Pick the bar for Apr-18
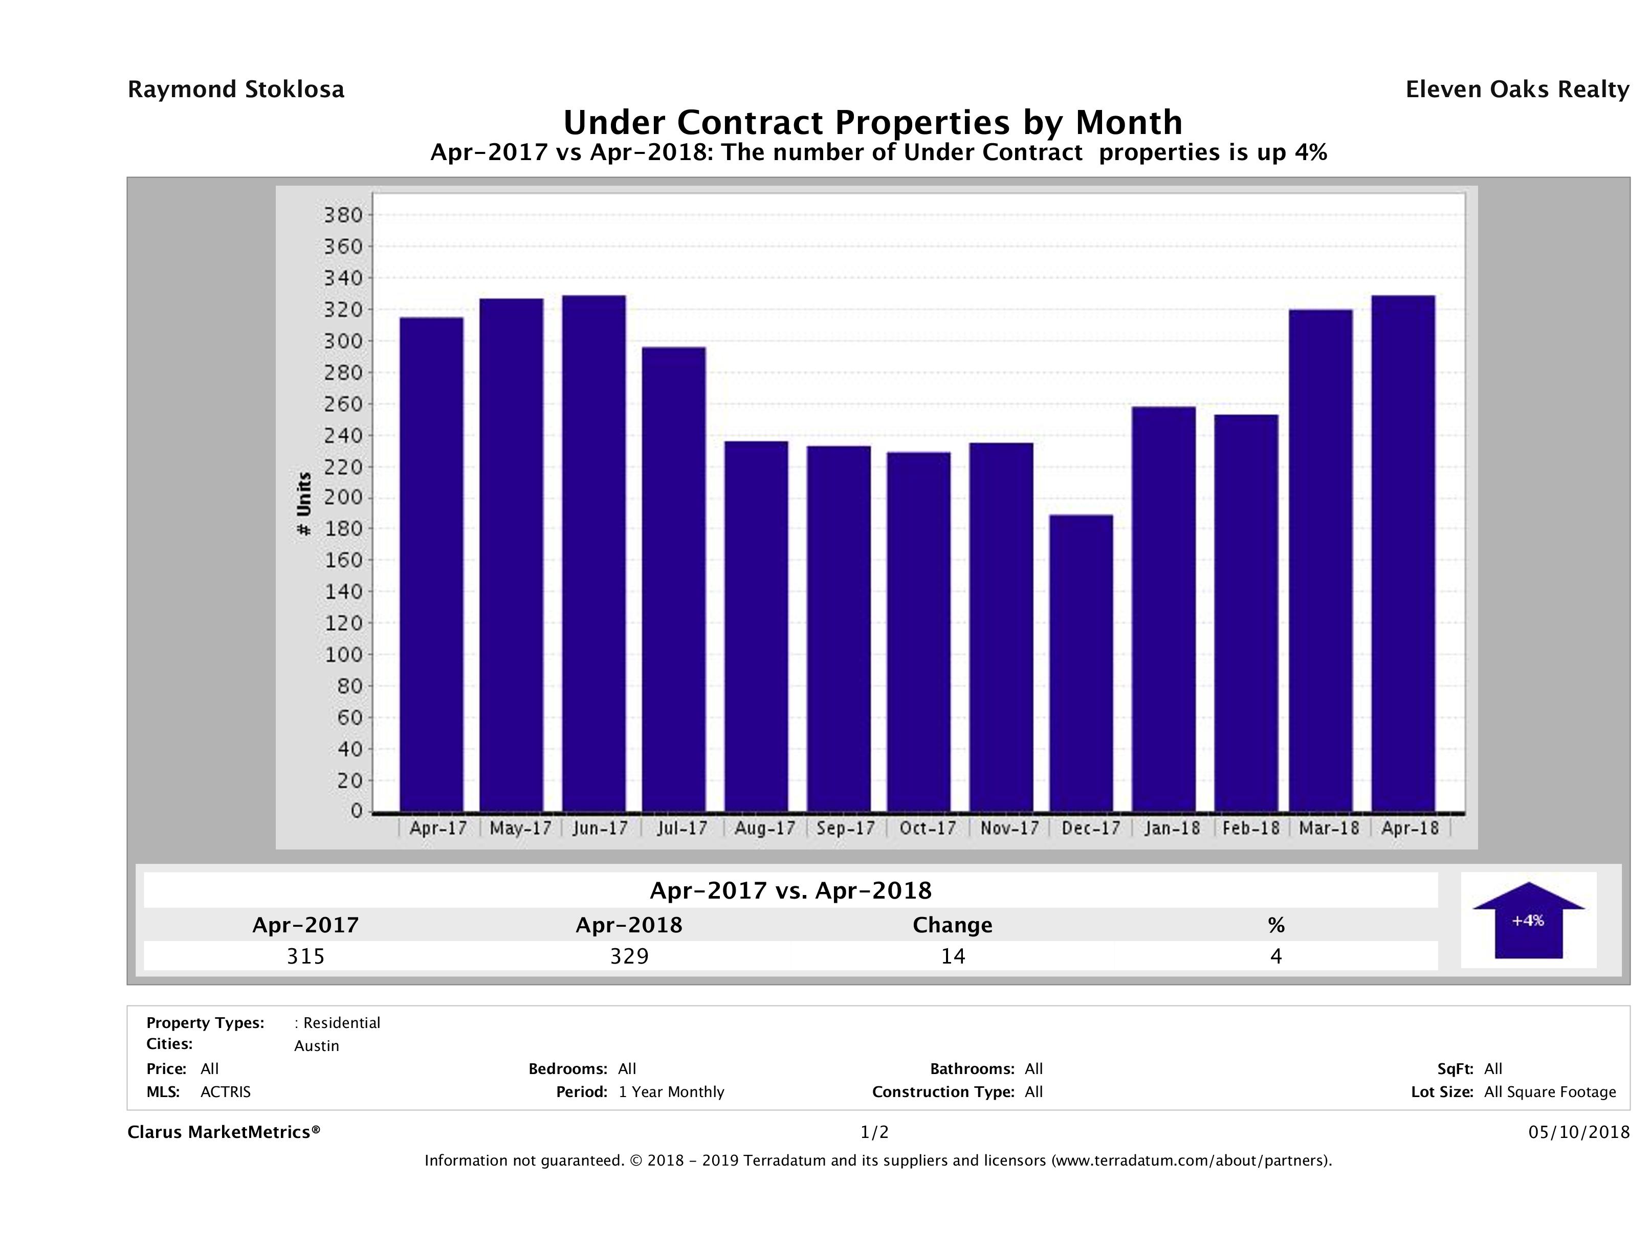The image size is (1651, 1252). [x=1402, y=553]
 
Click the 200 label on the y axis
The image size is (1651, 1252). [x=343, y=498]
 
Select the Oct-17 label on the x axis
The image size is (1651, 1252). [x=927, y=828]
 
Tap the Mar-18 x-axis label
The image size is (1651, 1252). [x=1329, y=828]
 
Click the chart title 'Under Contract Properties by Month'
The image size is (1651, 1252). [x=872, y=122]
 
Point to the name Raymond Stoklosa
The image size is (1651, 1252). [x=236, y=90]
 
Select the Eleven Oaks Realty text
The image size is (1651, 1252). [x=1516, y=90]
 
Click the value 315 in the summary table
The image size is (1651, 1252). [x=305, y=956]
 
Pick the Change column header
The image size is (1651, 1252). [x=953, y=925]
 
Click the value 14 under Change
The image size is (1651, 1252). [x=953, y=956]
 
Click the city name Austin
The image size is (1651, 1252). [x=317, y=1046]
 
